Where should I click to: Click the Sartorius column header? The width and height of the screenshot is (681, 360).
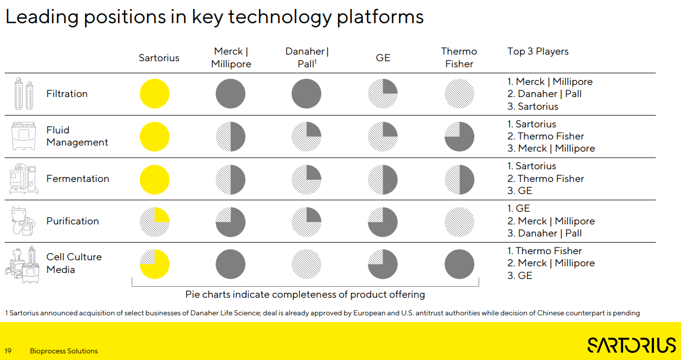[159, 58]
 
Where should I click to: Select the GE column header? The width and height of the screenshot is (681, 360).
[383, 58]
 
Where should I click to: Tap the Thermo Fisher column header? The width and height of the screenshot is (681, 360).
[459, 57]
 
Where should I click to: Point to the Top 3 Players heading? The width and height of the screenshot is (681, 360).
[538, 51]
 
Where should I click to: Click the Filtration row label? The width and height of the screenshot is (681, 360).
[67, 94]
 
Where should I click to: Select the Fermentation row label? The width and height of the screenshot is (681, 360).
[78, 179]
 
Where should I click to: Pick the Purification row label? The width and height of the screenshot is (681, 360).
[72, 221]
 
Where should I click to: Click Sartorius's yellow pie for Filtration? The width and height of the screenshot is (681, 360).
[154, 94]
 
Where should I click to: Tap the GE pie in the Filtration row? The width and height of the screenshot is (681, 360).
[383, 94]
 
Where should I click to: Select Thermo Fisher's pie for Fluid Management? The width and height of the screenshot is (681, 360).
[459, 136]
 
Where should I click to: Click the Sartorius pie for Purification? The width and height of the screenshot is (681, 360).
[154, 221]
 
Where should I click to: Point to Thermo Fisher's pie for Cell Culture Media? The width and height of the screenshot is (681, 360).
[459, 264]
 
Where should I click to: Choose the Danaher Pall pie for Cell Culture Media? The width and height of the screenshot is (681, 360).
[307, 264]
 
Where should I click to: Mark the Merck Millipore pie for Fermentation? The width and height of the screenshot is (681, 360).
[230, 179]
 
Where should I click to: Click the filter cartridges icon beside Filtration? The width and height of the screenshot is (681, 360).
[24, 94]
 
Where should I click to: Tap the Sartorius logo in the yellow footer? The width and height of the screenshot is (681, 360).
[631, 345]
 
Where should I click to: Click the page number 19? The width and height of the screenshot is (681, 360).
[8, 351]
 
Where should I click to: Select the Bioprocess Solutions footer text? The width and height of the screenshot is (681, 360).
[64, 351]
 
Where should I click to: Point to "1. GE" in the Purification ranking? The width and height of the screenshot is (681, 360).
[519, 208]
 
